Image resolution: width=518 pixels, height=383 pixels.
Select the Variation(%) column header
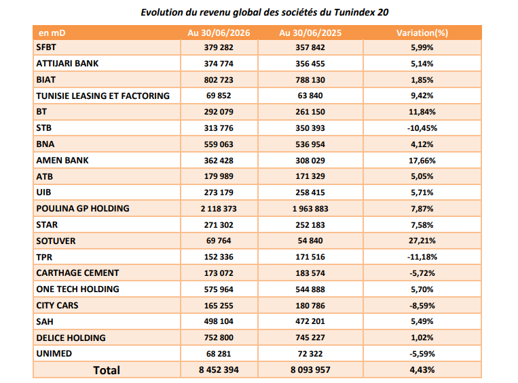tap(422, 33)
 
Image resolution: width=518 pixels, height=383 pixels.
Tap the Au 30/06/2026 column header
tap(219, 33)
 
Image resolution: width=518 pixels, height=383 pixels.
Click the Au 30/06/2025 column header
tap(310, 33)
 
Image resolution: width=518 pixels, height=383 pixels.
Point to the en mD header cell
tap(52, 33)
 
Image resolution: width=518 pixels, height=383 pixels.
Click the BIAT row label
tap(46, 80)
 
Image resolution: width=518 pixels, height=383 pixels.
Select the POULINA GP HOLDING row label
tap(83, 209)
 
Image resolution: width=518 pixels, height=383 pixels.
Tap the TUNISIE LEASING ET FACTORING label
tap(103, 96)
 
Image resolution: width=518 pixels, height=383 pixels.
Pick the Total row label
tap(107, 370)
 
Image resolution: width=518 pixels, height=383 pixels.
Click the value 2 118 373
tap(219, 209)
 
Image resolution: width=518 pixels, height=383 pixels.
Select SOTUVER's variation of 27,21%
tap(422, 241)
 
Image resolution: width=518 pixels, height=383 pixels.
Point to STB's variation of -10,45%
tap(422, 128)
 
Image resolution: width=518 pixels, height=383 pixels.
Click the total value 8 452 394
tap(219, 370)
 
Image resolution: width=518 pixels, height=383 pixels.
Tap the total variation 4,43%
tap(422, 370)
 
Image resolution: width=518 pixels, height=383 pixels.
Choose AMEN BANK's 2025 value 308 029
tap(310, 161)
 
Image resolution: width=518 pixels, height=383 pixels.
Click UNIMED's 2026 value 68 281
tap(219, 354)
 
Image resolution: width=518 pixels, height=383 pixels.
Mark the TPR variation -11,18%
tap(422, 257)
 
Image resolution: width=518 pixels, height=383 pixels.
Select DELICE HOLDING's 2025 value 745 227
tap(310, 338)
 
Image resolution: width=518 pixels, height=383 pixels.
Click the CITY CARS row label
tap(57, 306)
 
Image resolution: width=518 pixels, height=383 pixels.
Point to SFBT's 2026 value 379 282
tap(219, 47)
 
